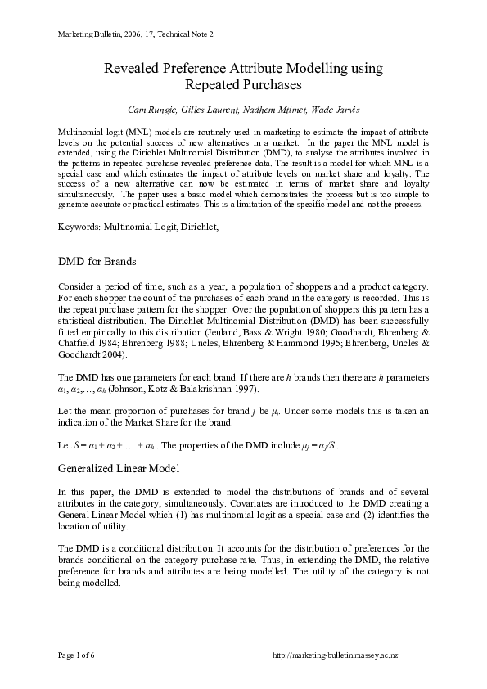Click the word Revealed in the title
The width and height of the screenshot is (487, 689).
(134, 68)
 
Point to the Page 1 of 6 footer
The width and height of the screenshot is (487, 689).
(76, 656)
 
